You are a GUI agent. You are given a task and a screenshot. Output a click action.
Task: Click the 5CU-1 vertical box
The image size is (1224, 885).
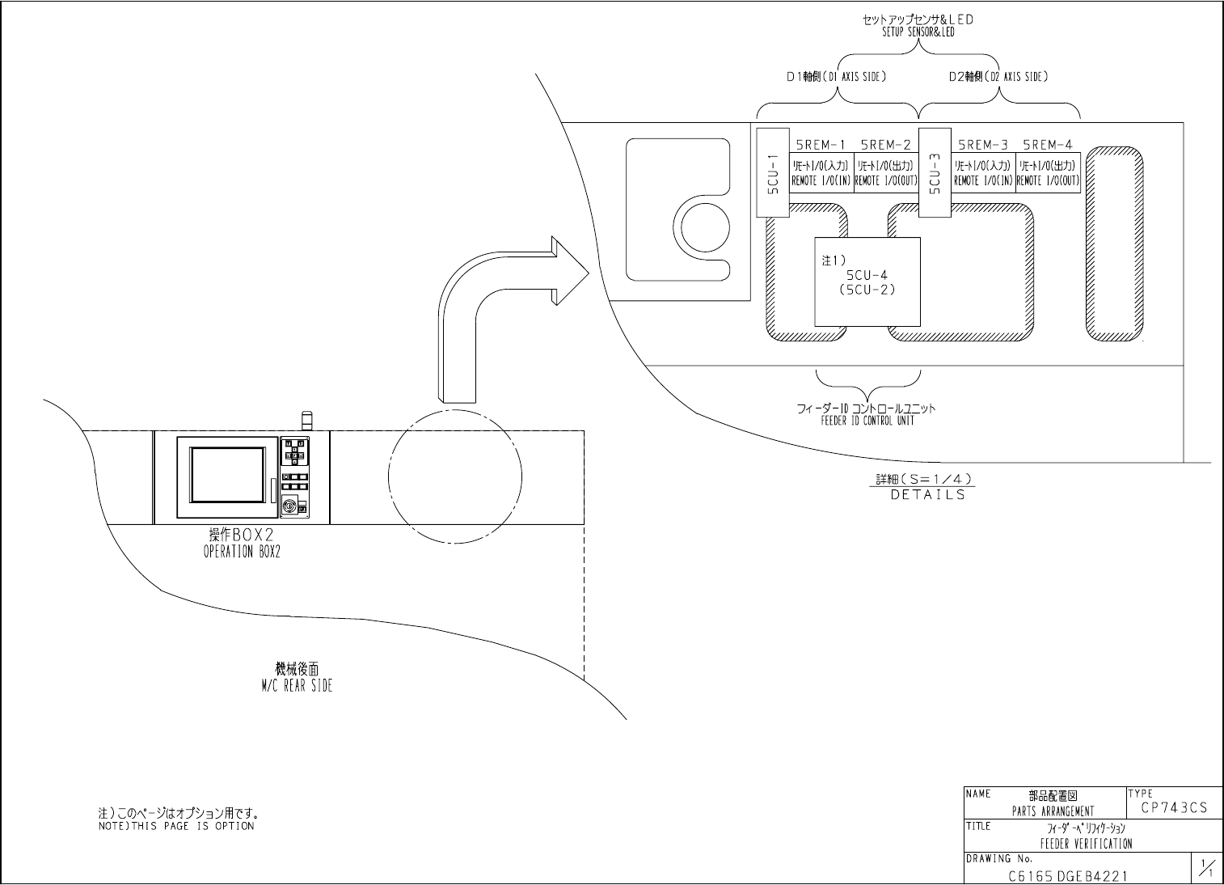(771, 171)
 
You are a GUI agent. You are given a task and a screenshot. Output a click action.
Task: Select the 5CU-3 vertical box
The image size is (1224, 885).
(935, 171)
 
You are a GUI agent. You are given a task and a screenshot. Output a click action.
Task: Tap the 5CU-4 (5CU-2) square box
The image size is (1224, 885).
(867, 282)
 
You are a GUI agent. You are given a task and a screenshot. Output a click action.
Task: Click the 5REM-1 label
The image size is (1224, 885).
(821, 146)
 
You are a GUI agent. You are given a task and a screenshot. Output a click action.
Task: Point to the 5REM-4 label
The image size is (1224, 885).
(1048, 146)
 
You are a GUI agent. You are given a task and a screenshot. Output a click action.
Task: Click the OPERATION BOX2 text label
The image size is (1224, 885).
(242, 553)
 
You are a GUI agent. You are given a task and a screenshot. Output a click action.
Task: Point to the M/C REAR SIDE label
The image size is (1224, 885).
(297, 685)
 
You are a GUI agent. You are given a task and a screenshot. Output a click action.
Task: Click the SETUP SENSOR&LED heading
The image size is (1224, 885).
(918, 32)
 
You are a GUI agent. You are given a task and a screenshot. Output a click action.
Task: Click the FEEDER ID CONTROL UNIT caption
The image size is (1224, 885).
(867, 421)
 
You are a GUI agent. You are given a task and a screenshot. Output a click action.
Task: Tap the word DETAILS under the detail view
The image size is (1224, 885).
(927, 494)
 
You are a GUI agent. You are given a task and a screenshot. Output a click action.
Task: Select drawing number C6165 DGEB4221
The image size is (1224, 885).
(1067, 875)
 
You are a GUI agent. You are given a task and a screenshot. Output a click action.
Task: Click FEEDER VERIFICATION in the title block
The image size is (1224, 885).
(1086, 844)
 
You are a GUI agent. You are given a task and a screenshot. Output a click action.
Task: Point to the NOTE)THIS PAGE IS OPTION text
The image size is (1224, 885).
(176, 826)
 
